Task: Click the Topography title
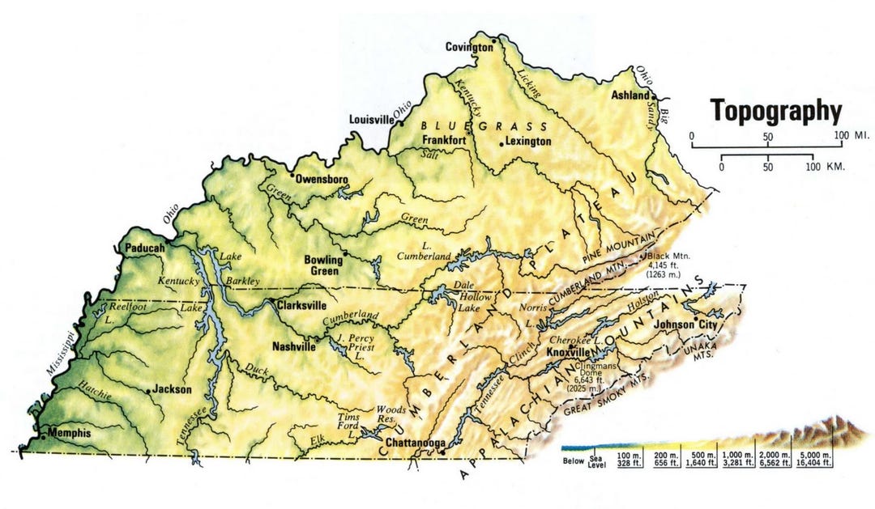click(776, 110)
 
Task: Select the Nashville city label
click(293, 346)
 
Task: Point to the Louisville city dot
click(400, 124)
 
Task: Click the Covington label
click(469, 47)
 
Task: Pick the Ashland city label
click(630, 95)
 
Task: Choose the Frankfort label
click(444, 139)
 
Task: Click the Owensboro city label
click(322, 178)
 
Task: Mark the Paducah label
click(145, 248)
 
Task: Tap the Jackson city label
click(173, 389)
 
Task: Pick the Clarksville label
click(301, 306)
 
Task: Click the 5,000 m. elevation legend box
click(814, 459)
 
